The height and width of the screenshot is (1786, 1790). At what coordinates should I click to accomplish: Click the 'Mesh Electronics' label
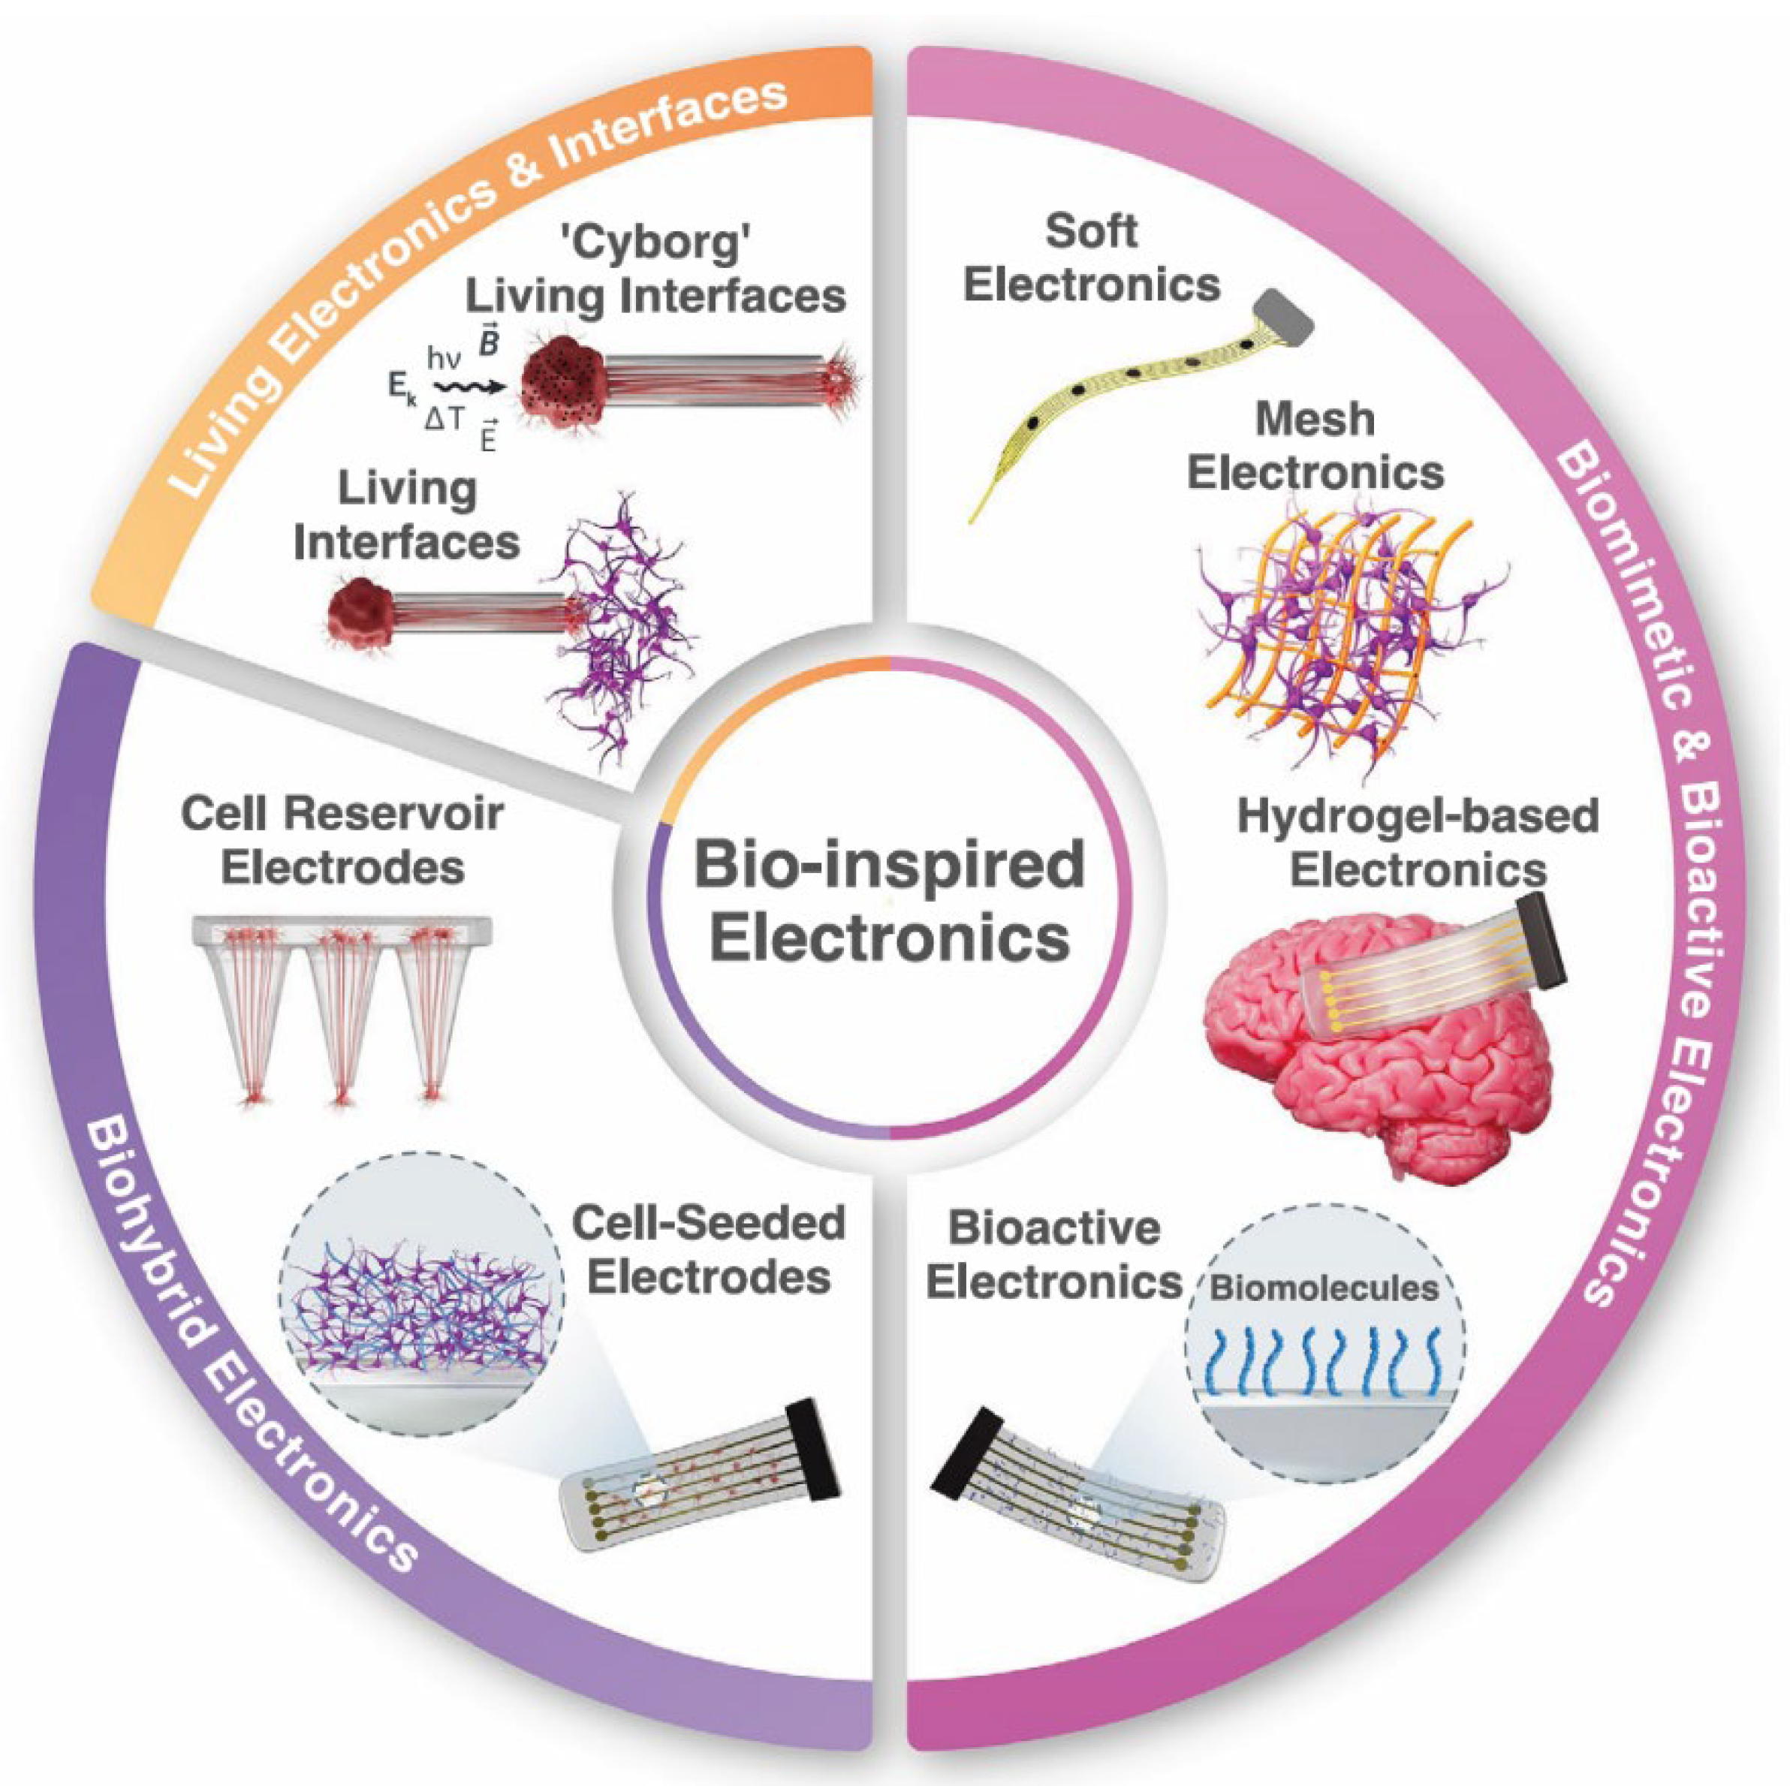point(1315,447)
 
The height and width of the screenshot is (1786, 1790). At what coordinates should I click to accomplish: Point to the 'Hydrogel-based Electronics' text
point(1418,843)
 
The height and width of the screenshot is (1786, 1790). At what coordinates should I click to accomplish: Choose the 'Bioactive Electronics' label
point(1054,1255)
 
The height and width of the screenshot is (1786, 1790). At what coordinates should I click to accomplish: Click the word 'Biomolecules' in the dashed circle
point(1325,1288)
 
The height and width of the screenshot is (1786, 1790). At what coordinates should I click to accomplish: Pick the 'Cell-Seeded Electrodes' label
point(709,1251)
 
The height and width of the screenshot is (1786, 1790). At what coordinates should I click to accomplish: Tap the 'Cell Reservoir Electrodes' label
point(343,841)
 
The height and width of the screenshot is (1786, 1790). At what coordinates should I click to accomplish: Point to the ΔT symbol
point(444,421)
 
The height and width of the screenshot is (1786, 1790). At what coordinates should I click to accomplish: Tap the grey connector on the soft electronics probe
point(1284,315)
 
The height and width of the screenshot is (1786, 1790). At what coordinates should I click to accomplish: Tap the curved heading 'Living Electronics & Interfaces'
point(463,278)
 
